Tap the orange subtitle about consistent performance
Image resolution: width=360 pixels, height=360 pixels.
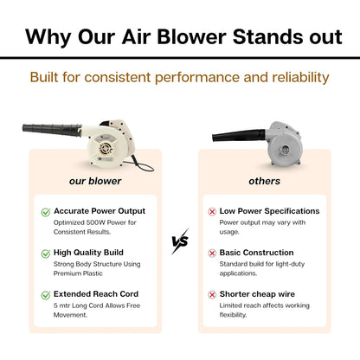(x=180, y=78)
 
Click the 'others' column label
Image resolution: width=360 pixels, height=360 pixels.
(x=264, y=182)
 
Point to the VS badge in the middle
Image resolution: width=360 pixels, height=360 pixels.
(x=180, y=241)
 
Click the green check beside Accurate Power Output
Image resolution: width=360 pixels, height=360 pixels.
(x=46, y=211)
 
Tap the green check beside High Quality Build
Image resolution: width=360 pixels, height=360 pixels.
(x=46, y=253)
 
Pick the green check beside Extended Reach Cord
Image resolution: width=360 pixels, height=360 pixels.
(x=46, y=295)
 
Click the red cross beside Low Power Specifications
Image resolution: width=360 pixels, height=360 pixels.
(x=213, y=211)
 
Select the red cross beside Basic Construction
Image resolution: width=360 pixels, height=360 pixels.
(x=213, y=253)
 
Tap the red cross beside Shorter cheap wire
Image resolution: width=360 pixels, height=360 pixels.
(x=213, y=295)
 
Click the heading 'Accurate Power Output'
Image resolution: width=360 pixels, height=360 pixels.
(x=100, y=210)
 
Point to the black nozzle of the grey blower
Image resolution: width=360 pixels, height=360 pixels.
(x=237, y=138)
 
